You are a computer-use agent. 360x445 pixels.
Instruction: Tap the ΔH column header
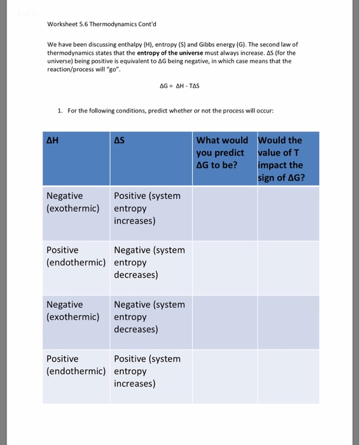[x=52, y=140]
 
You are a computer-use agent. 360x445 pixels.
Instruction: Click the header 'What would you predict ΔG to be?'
[x=222, y=153]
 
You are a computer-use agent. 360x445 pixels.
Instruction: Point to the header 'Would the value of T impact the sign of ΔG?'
[x=280, y=158]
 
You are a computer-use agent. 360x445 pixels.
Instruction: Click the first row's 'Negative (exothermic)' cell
[x=73, y=202]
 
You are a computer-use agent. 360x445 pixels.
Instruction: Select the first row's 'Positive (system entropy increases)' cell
[x=147, y=208]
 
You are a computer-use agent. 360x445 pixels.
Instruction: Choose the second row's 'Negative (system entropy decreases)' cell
[x=149, y=263]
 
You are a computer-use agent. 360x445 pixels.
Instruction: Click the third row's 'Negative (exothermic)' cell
[x=73, y=310]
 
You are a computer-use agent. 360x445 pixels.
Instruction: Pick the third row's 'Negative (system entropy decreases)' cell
[x=149, y=317]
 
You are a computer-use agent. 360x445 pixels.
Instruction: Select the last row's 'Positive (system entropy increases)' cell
[x=147, y=371]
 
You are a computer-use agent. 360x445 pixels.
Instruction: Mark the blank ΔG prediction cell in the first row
[x=224, y=214]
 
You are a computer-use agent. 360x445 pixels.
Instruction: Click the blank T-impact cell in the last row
[x=286, y=376]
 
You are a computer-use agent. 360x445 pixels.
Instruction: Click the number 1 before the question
[x=60, y=110]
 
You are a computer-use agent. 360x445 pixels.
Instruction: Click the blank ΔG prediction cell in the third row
[x=224, y=322]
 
